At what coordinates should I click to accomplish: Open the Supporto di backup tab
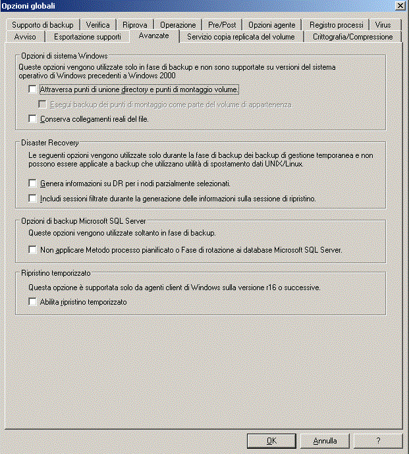[x=43, y=25]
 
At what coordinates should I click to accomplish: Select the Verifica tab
[x=97, y=25]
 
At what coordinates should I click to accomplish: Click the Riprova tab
[x=134, y=25]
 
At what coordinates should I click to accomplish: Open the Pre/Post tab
[x=222, y=25]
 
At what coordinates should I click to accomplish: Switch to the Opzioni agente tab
[x=271, y=25]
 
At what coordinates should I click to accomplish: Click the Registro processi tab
[x=337, y=25]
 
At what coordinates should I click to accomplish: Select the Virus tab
[x=383, y=25]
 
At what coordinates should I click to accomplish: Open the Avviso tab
[x=25, y=37]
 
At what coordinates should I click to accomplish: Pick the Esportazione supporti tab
[x=87, y=37]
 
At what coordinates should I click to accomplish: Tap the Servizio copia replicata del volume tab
[x=241, y=37]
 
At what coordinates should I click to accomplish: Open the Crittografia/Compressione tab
[x=352, y=37]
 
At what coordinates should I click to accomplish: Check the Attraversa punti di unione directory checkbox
[x=33, y=89]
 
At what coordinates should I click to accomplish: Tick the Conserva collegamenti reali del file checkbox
[x=33, y=119]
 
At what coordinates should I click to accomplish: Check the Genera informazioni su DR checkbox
[x=33, y=184]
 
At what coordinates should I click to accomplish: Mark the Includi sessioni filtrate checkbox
[x=33, y=198]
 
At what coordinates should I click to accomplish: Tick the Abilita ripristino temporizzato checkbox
[x=33, y=302]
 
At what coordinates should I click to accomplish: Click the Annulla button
[x=325, y=441]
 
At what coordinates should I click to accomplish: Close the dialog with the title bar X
[x=399, y=6]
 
